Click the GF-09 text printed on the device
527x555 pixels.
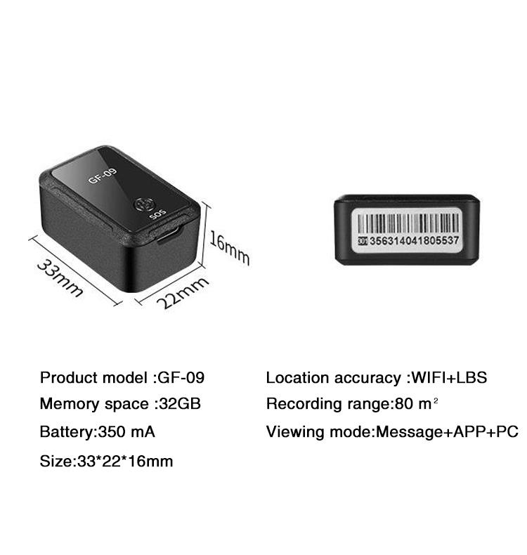[102, 176]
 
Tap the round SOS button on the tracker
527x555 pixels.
[144, 204]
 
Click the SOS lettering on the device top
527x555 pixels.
[157, 214]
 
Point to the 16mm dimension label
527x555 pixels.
[229, 247]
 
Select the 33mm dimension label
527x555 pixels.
[60, 278]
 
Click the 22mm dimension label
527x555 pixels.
[182, 292]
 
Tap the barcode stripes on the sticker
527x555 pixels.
[408, 223]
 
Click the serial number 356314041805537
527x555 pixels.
[414, 241]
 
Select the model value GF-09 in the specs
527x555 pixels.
[181, 378]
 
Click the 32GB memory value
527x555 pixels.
[180, 404]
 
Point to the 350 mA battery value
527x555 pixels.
[126, 432]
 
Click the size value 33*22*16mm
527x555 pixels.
[125, 461]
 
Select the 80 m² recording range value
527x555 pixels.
[416, 403]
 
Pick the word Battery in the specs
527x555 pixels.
[67, 433]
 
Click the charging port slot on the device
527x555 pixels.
[169, 235]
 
